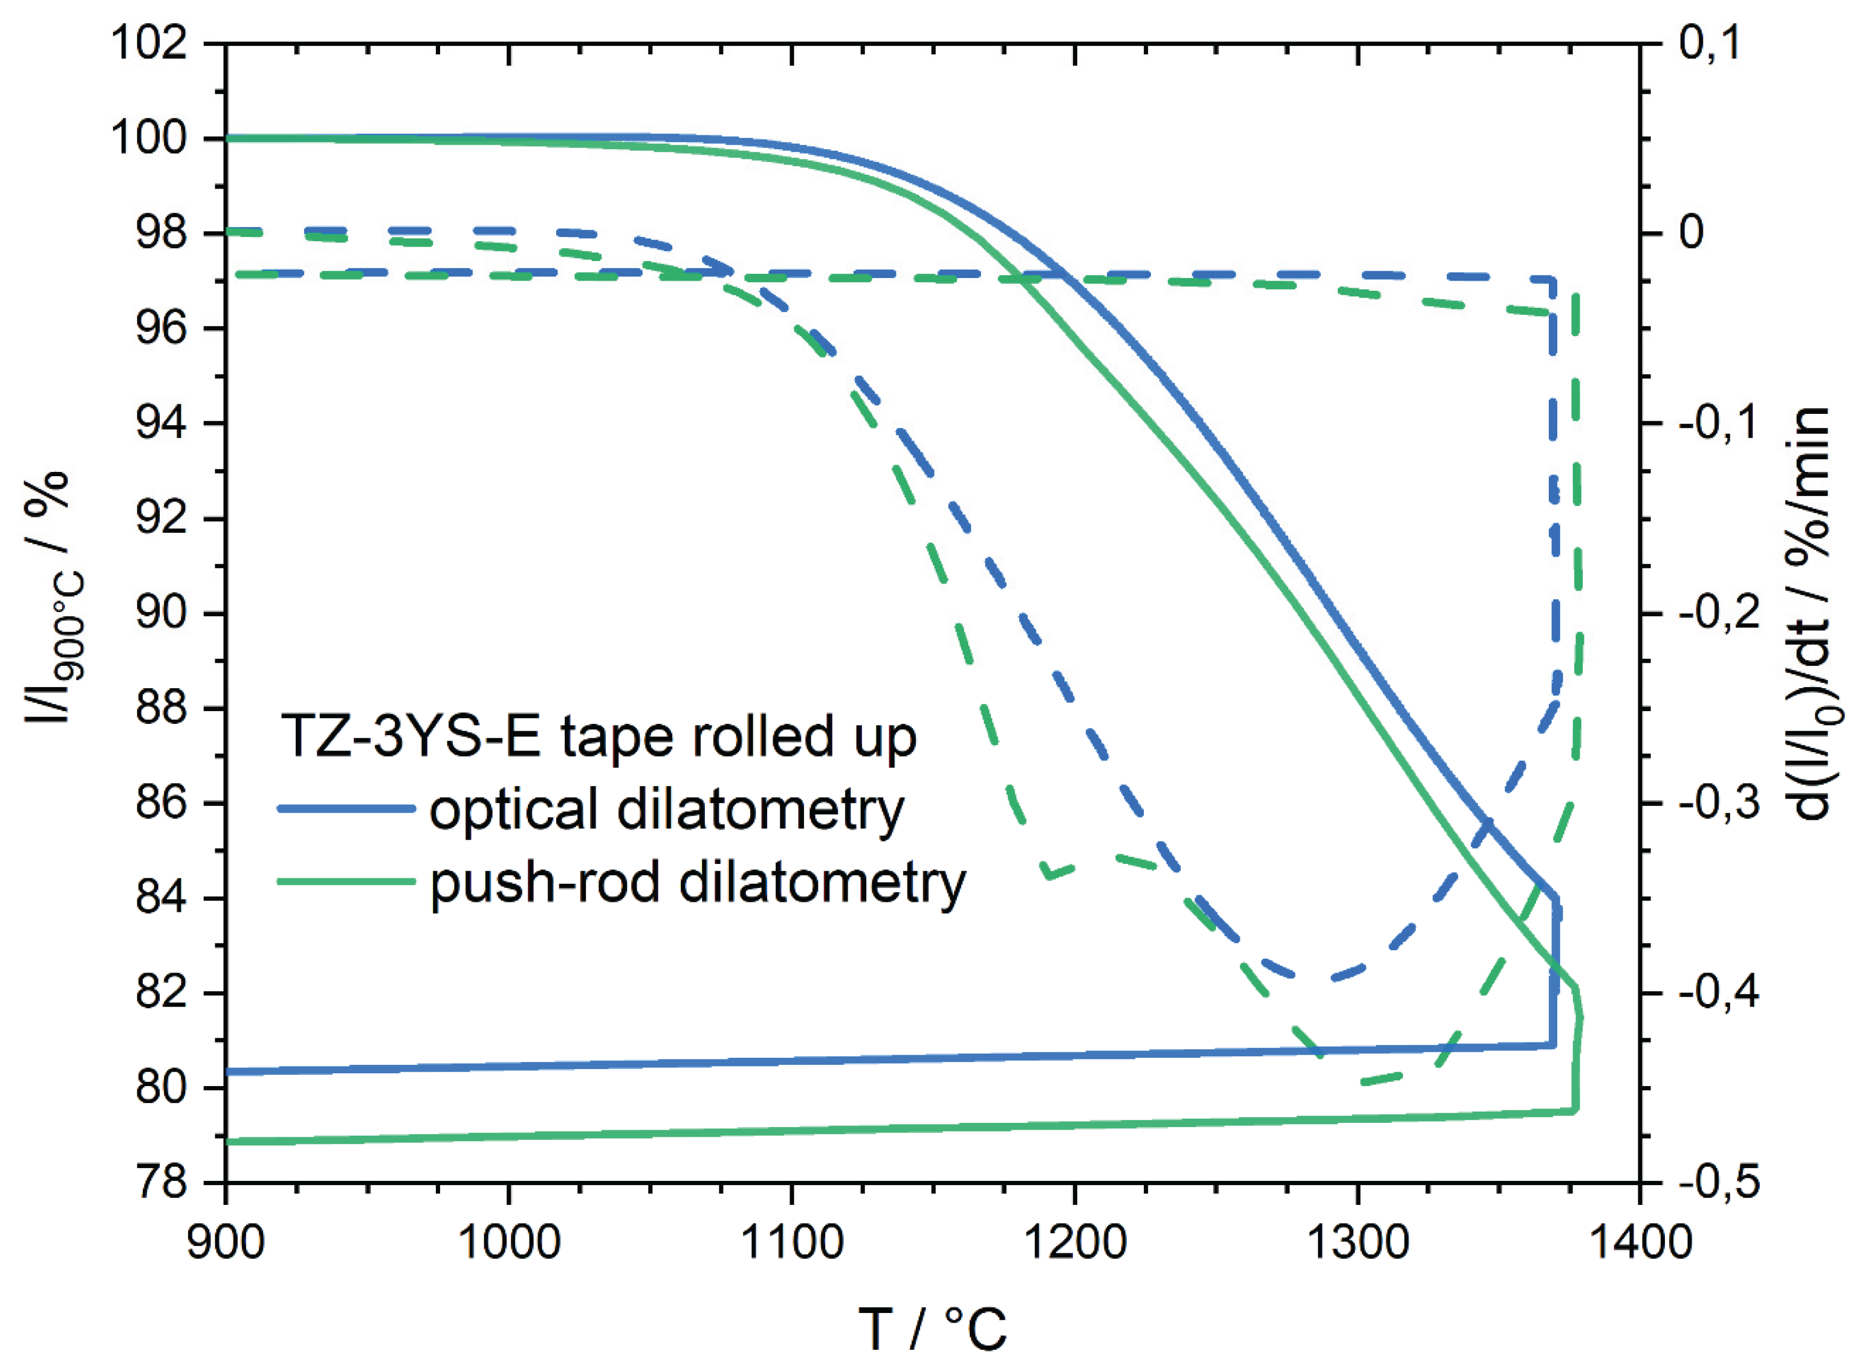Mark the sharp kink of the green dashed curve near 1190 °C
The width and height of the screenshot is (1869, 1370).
1050,875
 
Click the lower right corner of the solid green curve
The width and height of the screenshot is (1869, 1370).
1575,1110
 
